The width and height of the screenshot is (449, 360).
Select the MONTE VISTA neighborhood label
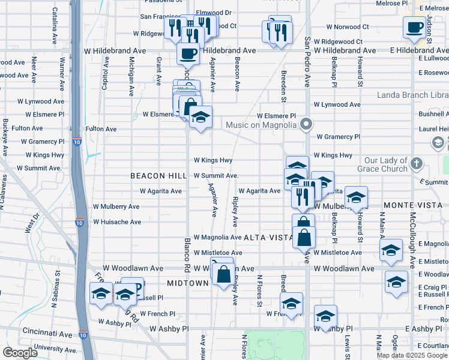pyautogui.click(x=416, y=205)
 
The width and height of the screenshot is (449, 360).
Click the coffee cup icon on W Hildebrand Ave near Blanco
pyautogui.click(x=188, y=53)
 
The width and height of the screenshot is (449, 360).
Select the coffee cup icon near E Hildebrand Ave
pyautogui.click(x=415, y=28)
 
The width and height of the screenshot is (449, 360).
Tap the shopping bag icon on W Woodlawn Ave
pyautogui.click(x=223, y=275)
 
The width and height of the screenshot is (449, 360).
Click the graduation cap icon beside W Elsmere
pyautogui.click(x=201, y=116)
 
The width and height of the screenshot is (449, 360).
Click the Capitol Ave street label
pyautogui.click(x=106, y=73)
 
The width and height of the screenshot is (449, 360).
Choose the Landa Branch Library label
pyautogui.click(x=412, y=95)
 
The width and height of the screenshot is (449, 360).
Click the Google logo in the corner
pyautogui.click(x=20, y=353)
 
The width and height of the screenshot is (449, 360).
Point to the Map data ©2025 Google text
pyautogui.click(x=411, y=355)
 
